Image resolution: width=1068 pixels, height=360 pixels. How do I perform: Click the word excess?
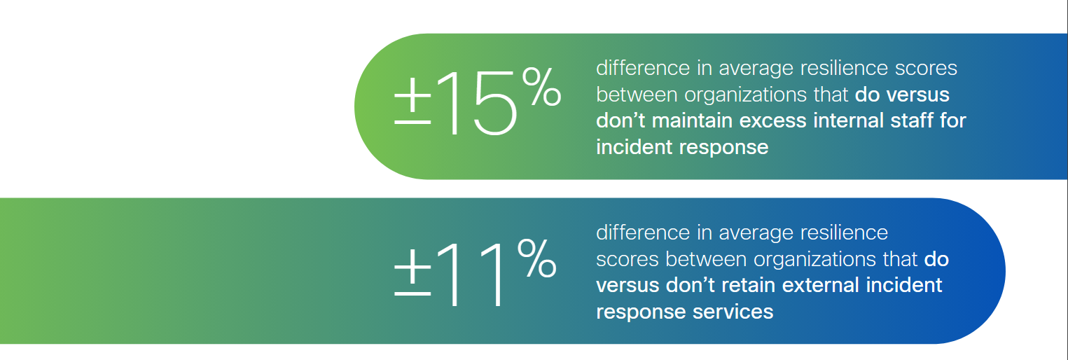(x=774, y=120)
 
